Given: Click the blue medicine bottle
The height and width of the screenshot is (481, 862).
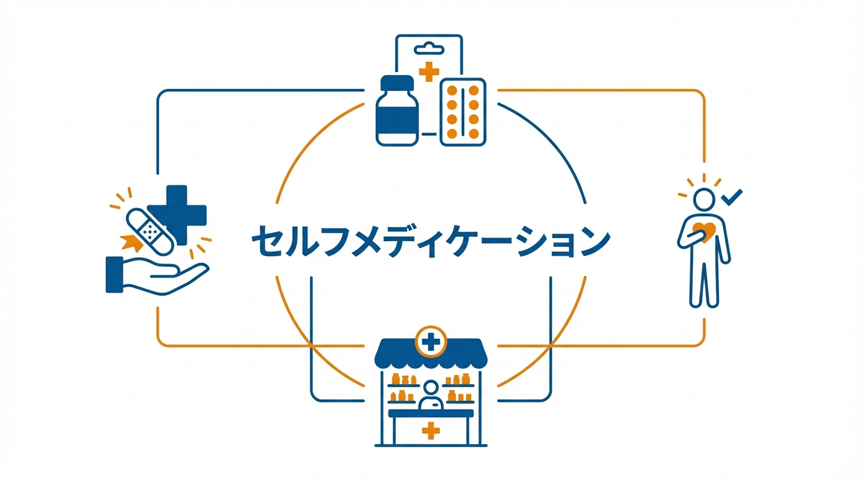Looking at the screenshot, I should click(x=397, y=115).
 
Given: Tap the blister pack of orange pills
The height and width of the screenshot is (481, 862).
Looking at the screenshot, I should click(x=463, y=112).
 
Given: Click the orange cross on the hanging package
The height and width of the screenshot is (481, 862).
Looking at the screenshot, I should click(x=428, y=71).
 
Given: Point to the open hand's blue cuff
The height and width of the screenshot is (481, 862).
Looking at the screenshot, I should click(x=114, y=274).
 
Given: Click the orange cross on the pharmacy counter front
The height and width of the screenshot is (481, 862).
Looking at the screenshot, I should click(x=430, y=430).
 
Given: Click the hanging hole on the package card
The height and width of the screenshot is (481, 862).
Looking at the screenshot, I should click(x=429, y=47).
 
